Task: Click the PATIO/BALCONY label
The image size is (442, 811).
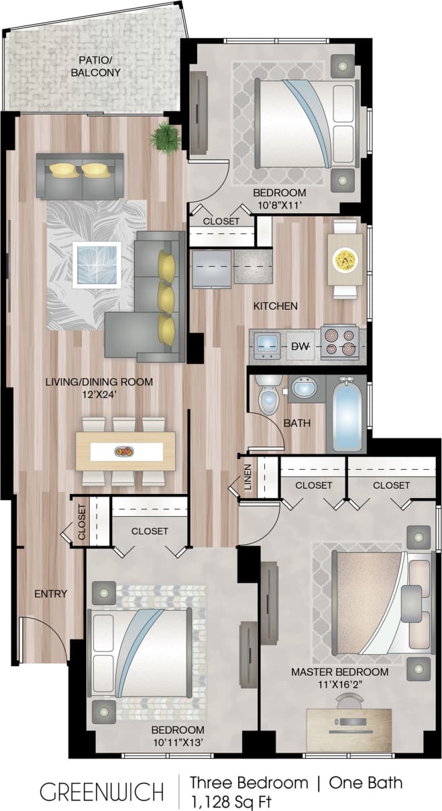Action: tap(95, 66)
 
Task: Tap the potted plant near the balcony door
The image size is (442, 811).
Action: tap(166, 137)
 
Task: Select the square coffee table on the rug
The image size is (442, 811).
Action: tap(97, 265)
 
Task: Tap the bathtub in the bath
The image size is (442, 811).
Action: tap(346, 416)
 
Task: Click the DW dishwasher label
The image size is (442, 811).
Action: tap(299, 347)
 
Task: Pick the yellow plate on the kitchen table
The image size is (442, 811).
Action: tap(345, 258)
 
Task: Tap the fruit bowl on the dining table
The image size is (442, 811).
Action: tap(124, 451)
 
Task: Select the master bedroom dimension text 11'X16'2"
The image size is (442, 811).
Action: tap(339, 685)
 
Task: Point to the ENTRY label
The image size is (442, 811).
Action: tap(51, 593)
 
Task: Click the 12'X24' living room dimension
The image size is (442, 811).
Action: tap(99, 395)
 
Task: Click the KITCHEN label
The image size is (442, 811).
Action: tap(275, 306)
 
